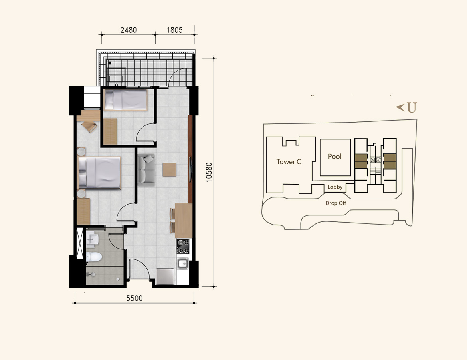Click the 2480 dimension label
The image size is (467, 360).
click(129, 30)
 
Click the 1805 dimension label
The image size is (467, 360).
click(174, 30)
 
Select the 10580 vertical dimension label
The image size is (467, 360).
click(209, 172)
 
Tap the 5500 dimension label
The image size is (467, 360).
click(135, 298)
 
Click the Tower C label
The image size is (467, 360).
click(288, 162)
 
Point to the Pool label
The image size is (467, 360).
click(335, 156)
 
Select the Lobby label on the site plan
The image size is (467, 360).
click(335, 187)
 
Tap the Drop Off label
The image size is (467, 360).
click(336, 203)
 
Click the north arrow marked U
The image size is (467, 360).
click(406, 107)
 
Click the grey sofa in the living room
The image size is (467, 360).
click(146, 170)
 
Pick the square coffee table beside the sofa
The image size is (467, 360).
click(169, 169)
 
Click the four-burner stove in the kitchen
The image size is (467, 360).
click(183, 247)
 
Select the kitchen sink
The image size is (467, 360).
click(182, 263)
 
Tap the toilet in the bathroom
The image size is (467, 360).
click(94, 257)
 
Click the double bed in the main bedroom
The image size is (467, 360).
click(99, 173)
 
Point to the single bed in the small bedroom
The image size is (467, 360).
click(126, 99)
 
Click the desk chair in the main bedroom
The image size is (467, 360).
click(90, 127)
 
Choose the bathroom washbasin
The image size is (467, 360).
click(93, 239)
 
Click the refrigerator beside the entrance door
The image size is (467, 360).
click(165, 276)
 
